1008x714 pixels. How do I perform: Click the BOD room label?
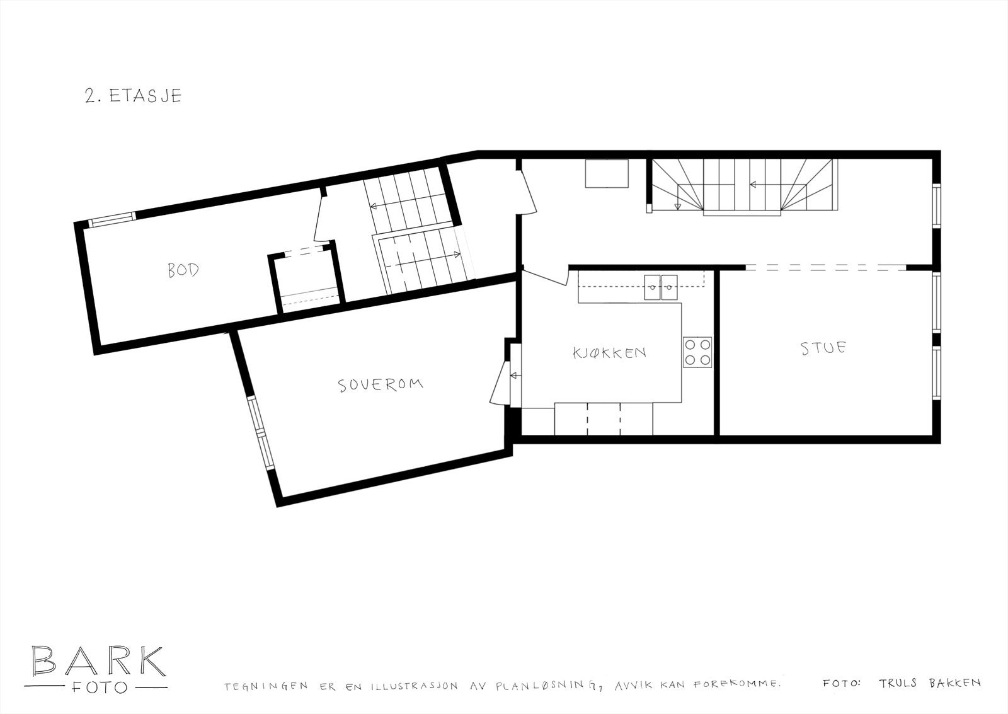[183, 270]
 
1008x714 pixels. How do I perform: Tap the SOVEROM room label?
[380, 384]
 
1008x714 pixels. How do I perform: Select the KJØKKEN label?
[609, 352]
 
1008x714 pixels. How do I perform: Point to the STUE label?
[823, 348]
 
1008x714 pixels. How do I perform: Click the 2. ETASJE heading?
[133, 95]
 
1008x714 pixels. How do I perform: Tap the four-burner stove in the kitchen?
[697, 352]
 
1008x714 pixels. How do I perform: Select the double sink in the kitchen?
[660, 287]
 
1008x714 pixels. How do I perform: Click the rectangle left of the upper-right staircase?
[607, 174]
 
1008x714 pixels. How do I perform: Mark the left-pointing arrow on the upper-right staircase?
[760, 185]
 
